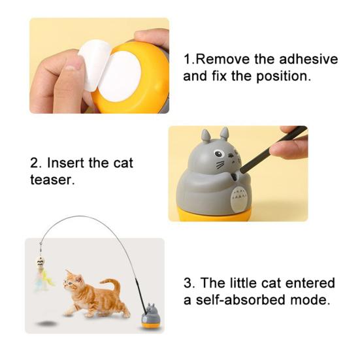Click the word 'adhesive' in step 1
click(308, 59)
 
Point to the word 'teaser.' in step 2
click(52, 180)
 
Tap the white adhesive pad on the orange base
click(120, 77)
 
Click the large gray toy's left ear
click(206, 135)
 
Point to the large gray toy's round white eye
click(219, 154)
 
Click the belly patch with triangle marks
click(238, 198)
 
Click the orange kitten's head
click(73, 282)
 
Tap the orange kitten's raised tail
click(111, 285)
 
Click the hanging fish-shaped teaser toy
click(41, 263)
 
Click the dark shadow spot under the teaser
click(47, 323)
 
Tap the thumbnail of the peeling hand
click(71, 67)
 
